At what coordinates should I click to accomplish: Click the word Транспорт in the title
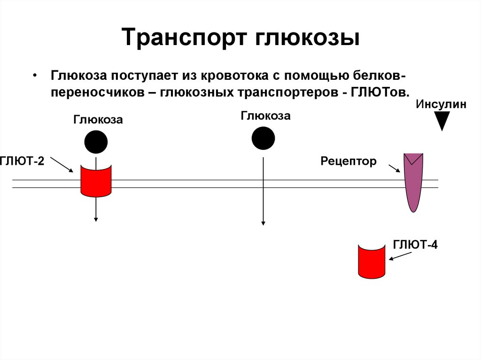point(185,38)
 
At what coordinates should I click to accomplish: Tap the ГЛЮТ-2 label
point(22,162)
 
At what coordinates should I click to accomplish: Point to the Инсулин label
point(441,105)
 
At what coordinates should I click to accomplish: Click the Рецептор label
point(349,162)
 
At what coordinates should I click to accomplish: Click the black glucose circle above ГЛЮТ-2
point(96,142)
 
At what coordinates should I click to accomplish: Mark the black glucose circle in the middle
point(263,138)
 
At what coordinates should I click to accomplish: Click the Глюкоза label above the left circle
point(98,120)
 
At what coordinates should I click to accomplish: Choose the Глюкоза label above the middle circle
point(265,116)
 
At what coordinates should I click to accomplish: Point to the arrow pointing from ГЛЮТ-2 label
point(62,165)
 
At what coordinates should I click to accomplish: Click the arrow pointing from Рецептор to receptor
point(395,168)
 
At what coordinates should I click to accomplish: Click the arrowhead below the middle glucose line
point(263,222)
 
